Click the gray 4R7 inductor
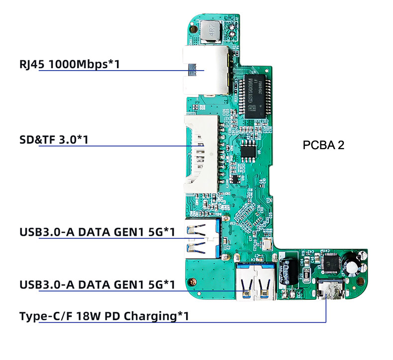209,32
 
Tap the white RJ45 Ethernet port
205,70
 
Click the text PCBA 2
323,145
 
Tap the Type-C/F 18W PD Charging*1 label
104,316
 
